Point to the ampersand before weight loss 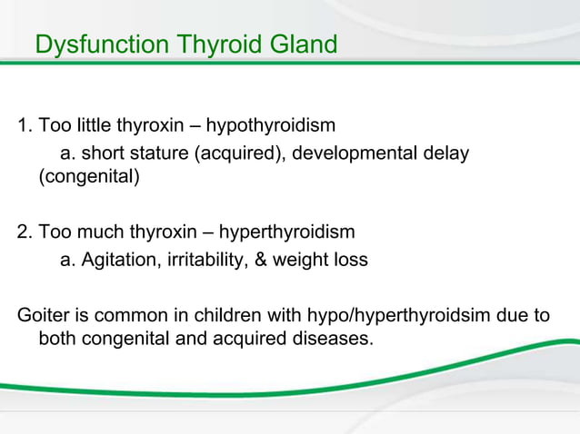(x=258, y=260)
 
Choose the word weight (x=296, y=260)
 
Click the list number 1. (x=24, y=124)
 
